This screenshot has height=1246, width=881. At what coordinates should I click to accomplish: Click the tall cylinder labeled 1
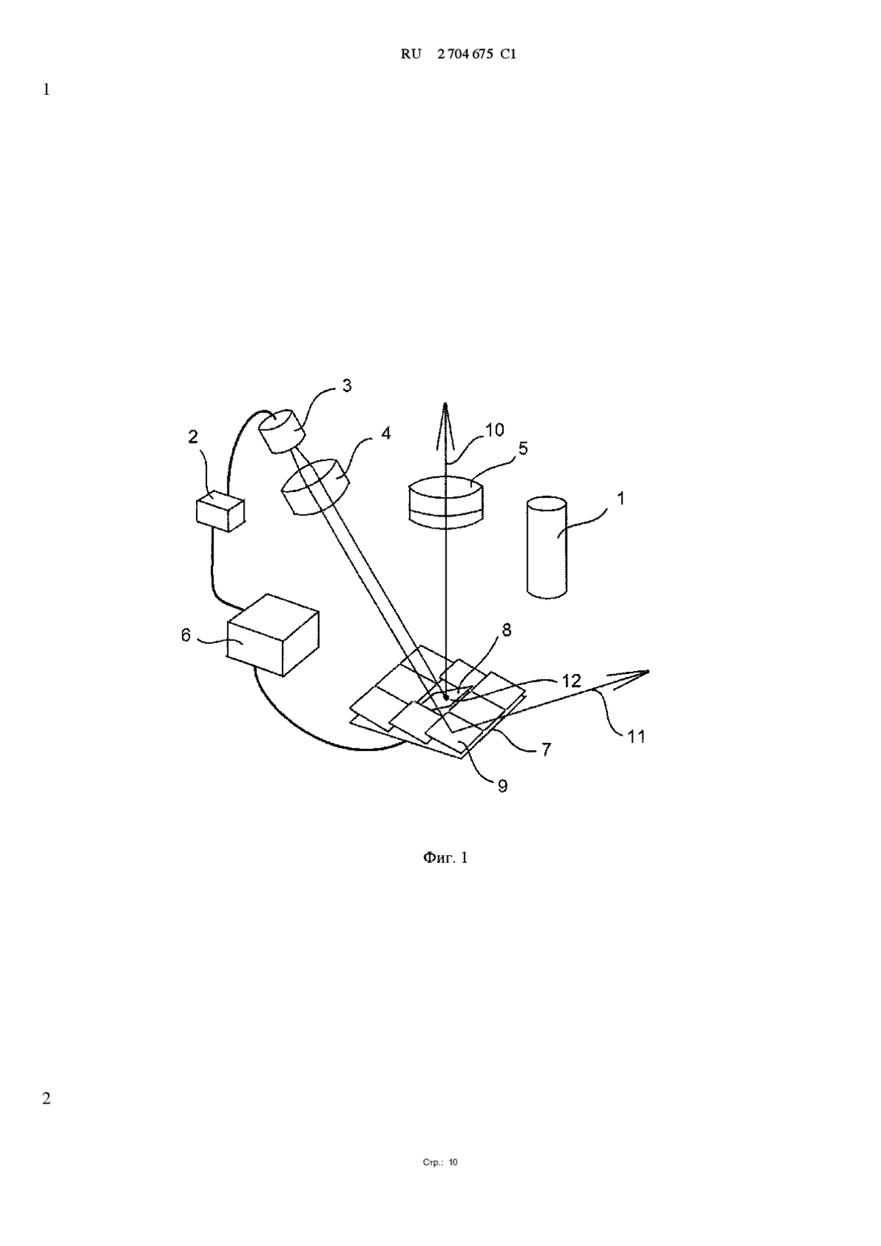point(547,548)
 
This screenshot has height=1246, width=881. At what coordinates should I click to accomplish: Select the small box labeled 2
point(220,511)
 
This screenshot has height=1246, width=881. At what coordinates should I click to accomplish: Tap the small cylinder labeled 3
point(282,431)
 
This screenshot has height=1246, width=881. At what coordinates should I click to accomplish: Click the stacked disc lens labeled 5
point(446,501)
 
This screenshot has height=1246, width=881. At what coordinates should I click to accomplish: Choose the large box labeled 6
point(273,634)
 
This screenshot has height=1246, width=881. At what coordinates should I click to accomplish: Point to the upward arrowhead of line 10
point(445,425)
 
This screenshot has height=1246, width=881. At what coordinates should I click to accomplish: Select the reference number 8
point(506,630)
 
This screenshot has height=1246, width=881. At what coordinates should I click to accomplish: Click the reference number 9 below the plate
point(502,786)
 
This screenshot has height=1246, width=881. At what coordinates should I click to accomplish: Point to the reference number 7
point(546,750)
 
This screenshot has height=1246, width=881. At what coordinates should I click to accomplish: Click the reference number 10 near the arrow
point(494,430)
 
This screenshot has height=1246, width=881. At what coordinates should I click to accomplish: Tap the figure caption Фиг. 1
point(446,858)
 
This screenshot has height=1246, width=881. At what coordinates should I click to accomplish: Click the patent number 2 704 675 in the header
point(465,54)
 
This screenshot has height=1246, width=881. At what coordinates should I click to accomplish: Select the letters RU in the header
point(411,54)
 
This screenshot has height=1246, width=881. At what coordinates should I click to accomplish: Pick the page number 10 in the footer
point(453,1162)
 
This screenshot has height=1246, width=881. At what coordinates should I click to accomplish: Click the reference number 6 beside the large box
point(186,634)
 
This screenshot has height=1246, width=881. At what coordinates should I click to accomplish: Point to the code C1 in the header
point(508,54)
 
